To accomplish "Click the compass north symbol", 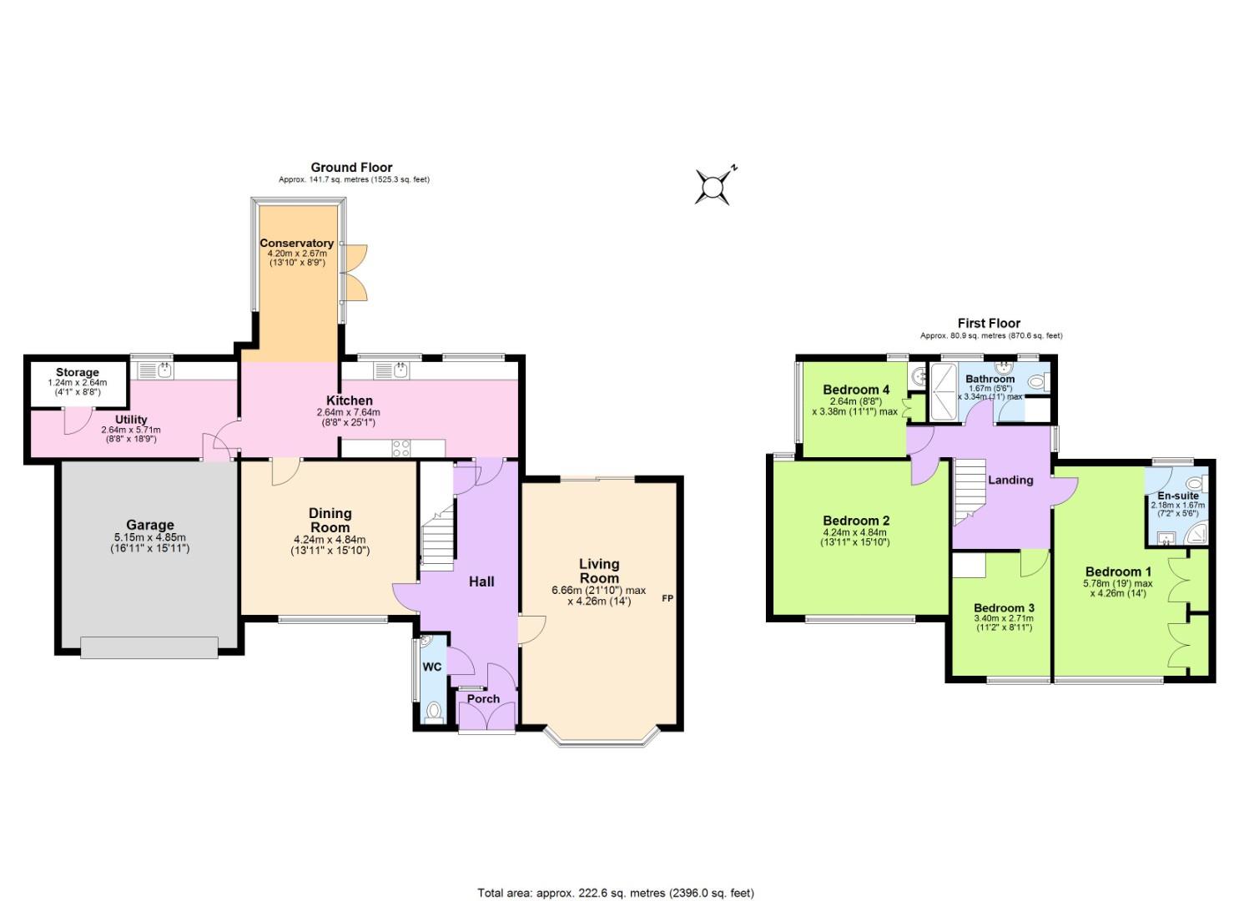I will (714, 186).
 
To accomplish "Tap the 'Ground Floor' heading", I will (351, 168).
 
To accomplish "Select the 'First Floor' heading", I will (989, 324).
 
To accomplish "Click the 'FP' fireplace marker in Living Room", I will (667, 598).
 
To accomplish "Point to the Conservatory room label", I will (296, 244).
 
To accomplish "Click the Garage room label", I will (150, 525).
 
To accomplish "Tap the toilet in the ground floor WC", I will (433, 712).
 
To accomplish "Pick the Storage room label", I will (78, 372).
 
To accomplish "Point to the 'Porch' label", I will (483, 699).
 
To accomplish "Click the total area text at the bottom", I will (616, 893).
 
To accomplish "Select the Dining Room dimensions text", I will (330, 545).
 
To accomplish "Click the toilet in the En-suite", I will (1196, 483).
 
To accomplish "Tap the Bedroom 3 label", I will (1004, 608).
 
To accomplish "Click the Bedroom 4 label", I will (856, 390).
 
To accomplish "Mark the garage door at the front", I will (149, 647).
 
